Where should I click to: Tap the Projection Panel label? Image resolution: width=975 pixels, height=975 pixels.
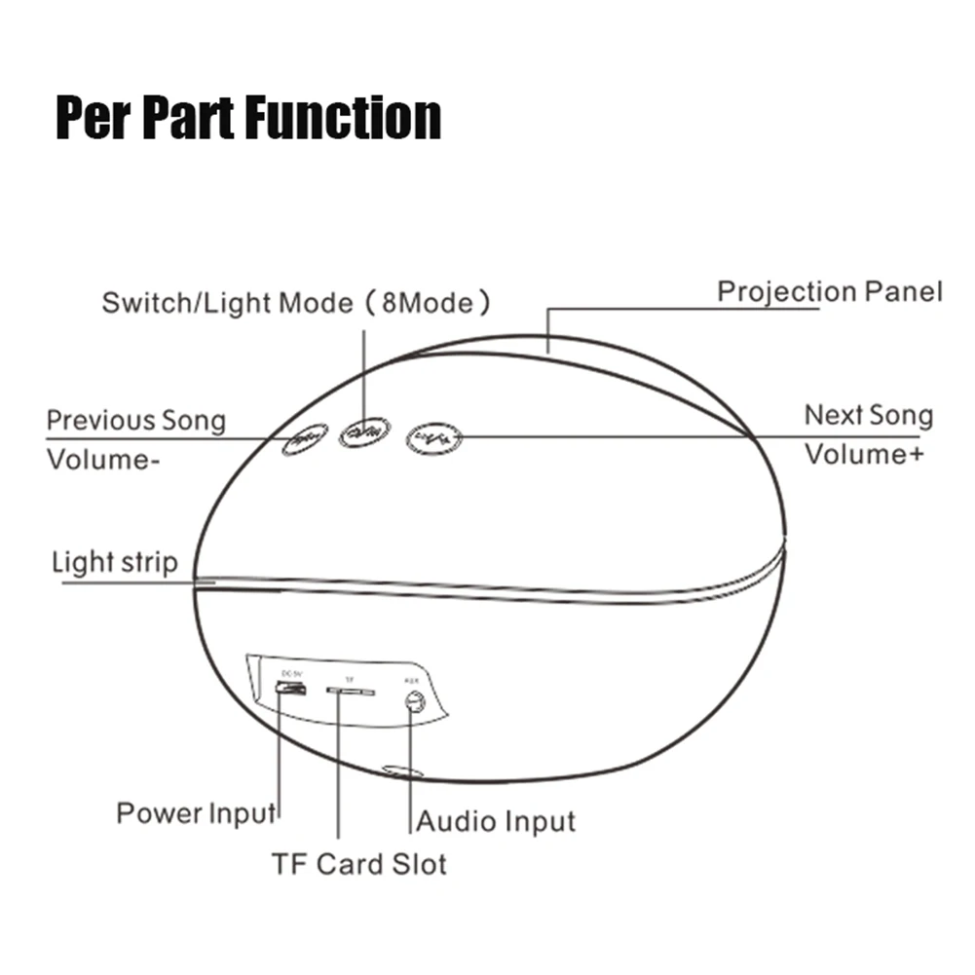click(x=830, y=291)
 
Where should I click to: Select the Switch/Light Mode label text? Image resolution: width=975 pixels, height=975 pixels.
click(x=228, y=303)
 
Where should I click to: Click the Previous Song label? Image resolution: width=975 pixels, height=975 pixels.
click(x=136, y=421)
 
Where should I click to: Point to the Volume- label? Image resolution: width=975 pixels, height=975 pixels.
click(x=103, y=459)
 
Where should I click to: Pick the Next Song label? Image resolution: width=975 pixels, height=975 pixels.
click(x=868, y=416)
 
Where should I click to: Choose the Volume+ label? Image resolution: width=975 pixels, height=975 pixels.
click(x=863, y=454)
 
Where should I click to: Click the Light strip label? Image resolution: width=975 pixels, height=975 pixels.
click(x=115, y=562)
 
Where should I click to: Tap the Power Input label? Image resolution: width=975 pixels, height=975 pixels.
click(x=196, y=812)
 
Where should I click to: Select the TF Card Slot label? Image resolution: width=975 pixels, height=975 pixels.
click(x=358, y=863)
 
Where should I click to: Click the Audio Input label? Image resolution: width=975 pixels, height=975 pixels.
click(x=497, y=821)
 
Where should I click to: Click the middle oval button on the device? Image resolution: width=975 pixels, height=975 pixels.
click(x=364, y=431)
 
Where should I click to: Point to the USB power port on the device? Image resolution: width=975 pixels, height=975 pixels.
click(x=289, y=690)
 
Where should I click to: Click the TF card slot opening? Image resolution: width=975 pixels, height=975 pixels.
click(x=351, y=692)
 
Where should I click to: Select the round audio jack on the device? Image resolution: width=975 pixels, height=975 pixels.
click(x=416, y=701)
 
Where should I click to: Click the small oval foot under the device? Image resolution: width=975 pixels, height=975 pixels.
click(x=401, y=770)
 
